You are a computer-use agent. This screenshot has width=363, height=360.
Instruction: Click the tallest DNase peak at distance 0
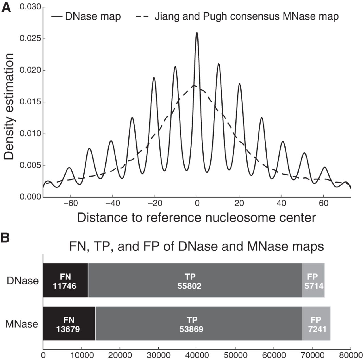(197, 33)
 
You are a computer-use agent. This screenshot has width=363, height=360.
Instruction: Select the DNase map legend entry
(86, 16)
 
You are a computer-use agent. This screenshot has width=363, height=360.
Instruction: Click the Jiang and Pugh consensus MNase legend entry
(237, 16)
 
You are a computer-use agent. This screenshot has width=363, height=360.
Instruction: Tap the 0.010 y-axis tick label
(30, 134)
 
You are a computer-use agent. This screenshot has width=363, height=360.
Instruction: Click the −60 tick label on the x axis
(70, 204)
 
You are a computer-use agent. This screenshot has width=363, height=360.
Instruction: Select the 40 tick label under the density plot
(281, 204)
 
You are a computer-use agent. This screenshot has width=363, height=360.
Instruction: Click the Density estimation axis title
(9, 106)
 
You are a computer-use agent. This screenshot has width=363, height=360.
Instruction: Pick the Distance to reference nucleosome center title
(197, 218)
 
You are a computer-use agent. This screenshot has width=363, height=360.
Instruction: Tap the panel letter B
(5, 238)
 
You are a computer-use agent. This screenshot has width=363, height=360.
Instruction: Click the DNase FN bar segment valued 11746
(65, 280)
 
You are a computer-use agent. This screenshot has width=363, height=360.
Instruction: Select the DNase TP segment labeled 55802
(195, 280)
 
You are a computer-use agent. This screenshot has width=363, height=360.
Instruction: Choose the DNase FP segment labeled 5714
(314, 280)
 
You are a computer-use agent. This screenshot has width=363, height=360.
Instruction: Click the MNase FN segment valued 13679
(69, 323)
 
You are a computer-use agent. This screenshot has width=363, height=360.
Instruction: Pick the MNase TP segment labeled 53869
(199, 323)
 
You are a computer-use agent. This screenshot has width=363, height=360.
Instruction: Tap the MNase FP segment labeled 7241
(317, 323)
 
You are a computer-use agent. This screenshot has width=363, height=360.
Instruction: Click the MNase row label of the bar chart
(22, 324)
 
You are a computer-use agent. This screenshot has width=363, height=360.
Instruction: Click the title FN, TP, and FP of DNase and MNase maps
(197, 246)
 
